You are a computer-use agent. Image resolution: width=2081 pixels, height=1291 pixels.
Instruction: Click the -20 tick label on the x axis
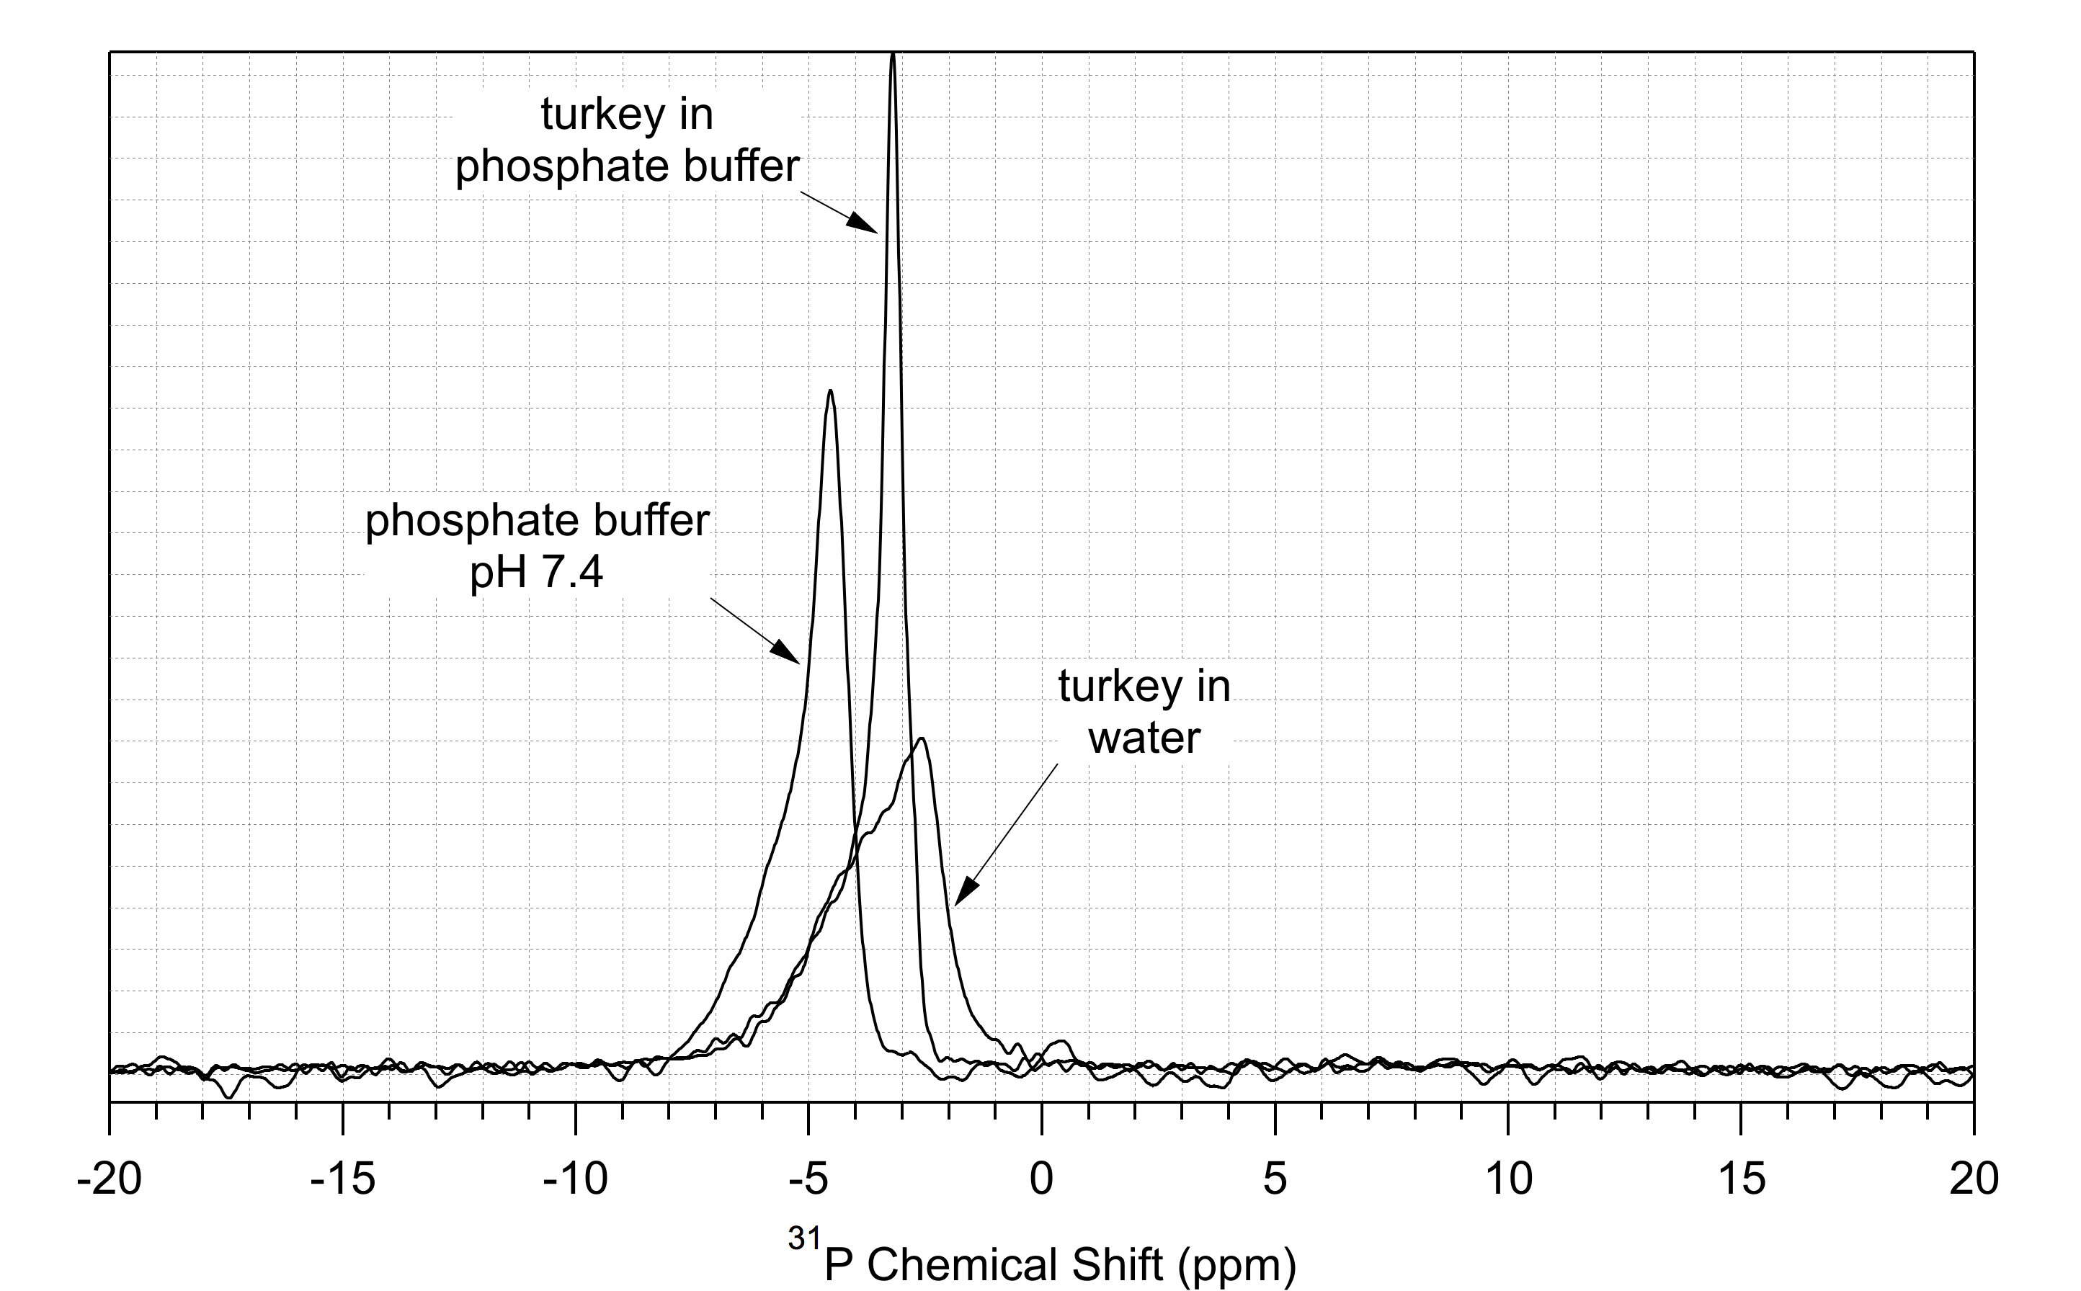109,1180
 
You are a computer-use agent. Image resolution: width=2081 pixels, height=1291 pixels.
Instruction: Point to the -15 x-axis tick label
342,1180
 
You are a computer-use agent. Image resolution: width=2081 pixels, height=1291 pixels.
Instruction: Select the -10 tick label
575,1180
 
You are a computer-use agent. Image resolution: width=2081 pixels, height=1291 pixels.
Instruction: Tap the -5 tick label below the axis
808,1180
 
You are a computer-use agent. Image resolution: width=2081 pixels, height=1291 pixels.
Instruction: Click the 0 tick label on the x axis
1041,1180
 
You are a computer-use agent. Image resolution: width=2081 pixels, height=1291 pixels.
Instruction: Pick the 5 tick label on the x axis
1274,1180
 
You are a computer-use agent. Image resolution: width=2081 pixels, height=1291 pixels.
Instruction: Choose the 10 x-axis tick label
1508,1180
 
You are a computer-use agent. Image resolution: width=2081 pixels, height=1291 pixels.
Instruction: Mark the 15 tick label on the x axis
1741,1180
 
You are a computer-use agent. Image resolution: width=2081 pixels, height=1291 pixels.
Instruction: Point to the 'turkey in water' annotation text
1144,711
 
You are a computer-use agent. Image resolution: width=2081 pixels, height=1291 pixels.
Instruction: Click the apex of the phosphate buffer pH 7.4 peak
830,391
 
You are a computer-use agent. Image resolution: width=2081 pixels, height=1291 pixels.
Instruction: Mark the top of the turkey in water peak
922,738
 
